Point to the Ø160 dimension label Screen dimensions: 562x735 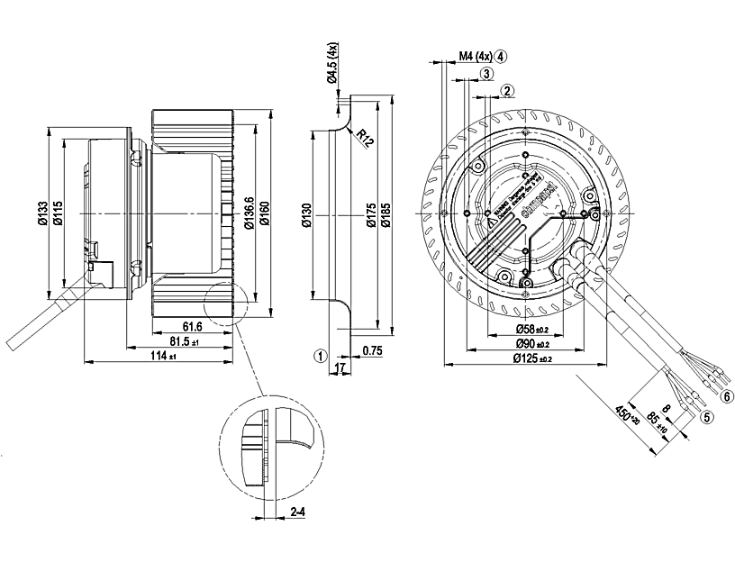point(266,213)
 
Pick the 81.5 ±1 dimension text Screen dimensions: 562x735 point(184,342)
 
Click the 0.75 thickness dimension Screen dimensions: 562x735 point(372,349)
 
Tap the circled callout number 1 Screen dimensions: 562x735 point(320,355)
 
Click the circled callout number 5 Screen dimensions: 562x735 point(707,417)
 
